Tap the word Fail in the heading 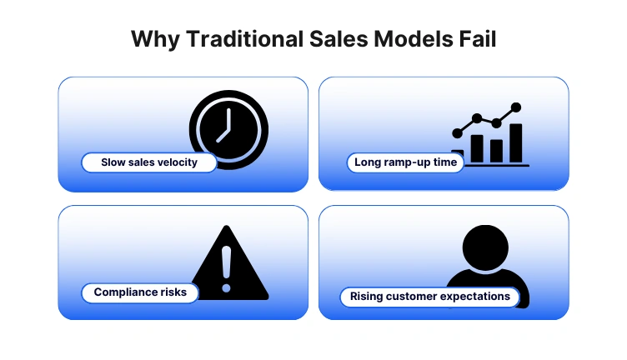(478, 38)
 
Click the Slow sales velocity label (149, 162)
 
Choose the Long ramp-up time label (405, 162)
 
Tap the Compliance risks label (140, 292)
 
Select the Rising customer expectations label (429, 296)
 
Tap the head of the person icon (484, 247)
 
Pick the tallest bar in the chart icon (516, 143)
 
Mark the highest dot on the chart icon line (516, 107)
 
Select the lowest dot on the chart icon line (457, 132)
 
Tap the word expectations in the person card (479, 296)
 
